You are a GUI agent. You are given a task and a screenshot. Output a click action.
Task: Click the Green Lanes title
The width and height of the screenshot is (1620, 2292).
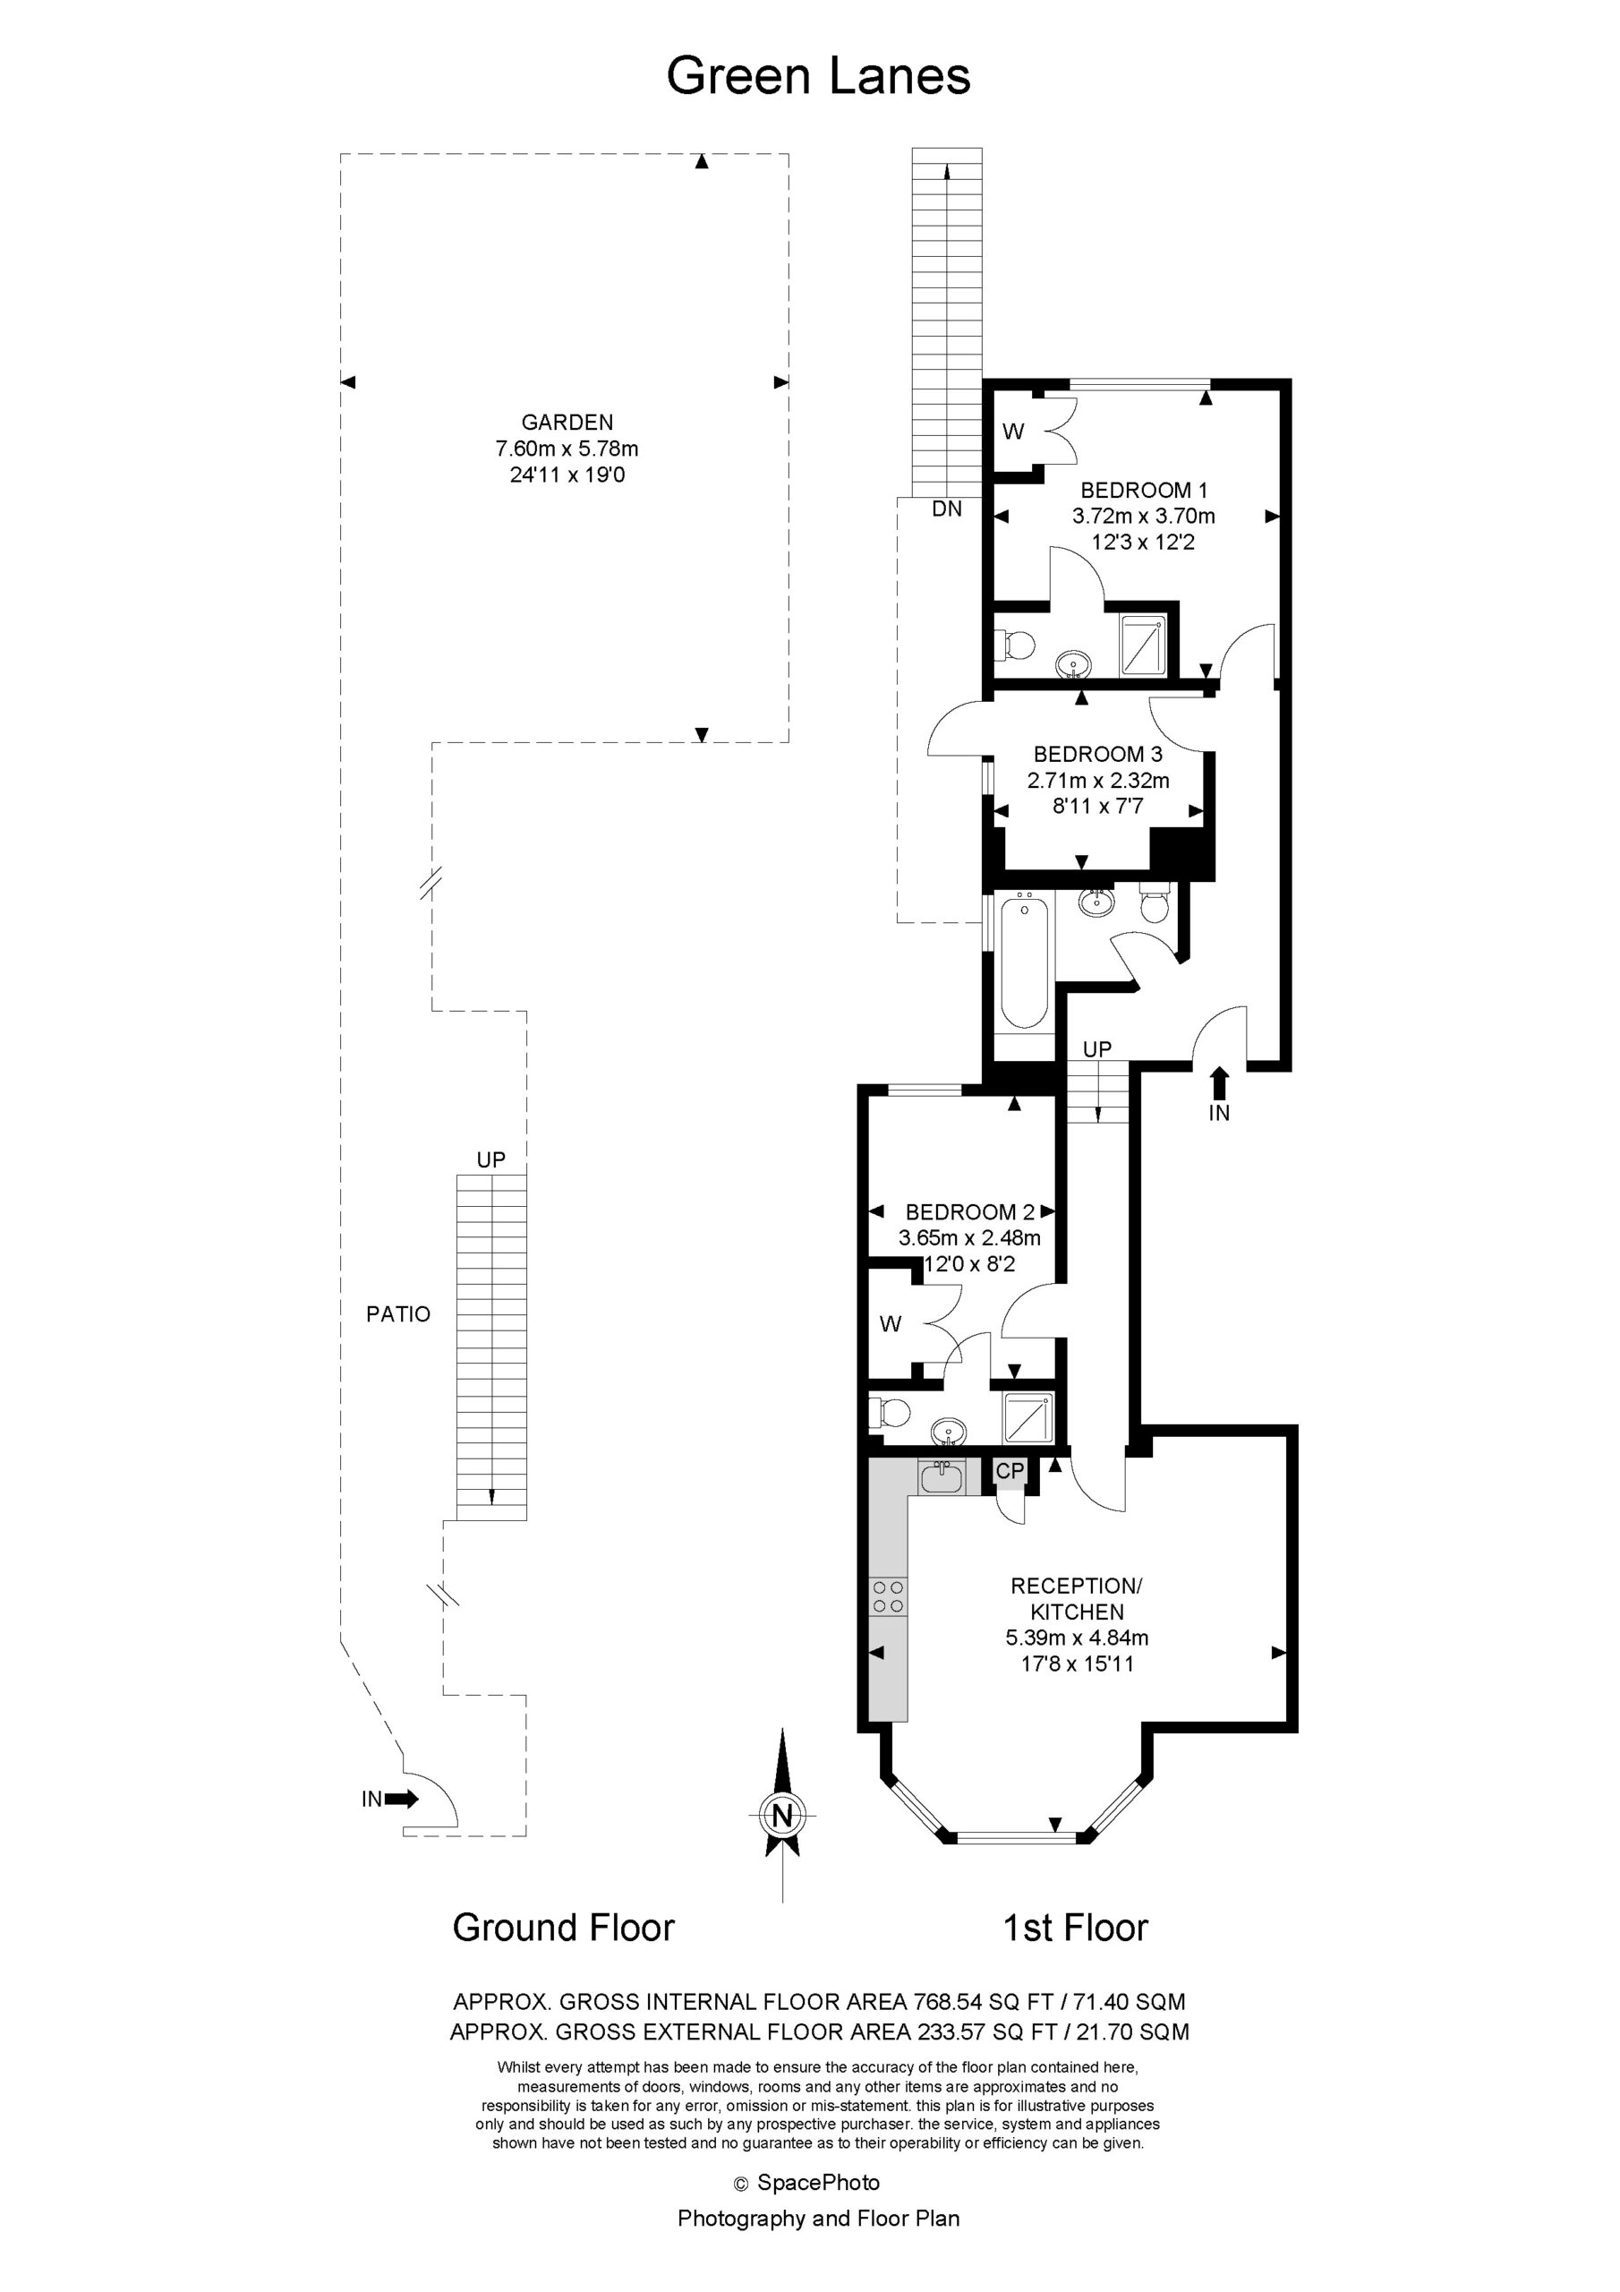click(818, 76)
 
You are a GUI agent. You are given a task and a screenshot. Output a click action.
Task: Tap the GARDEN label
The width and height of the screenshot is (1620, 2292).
click(567, 423)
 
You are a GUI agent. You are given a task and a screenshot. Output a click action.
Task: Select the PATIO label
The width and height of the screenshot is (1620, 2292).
click(398, 1313)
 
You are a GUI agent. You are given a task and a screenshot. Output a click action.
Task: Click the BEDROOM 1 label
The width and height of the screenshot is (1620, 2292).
click(1144, 490)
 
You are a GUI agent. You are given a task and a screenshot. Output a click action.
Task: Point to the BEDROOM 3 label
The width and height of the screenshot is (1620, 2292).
click(1098, 754)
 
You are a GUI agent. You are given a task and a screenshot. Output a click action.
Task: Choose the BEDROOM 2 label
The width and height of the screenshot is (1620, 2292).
click(969, 1212)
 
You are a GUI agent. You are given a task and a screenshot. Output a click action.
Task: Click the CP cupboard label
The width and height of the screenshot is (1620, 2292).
click(1010, 1470)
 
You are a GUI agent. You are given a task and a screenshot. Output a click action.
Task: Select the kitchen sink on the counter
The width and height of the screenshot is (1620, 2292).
click(942, 1477)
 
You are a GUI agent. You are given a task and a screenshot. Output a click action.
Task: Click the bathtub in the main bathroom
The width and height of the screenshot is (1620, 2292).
click(1023, 964)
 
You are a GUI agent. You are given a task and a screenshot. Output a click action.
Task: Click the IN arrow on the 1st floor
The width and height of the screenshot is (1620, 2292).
click(1219, 1083)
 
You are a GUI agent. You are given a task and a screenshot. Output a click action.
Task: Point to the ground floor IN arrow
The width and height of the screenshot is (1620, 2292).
click(402, 1799)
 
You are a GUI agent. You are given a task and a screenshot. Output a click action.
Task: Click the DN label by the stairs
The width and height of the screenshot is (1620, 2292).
click(946, 509)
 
